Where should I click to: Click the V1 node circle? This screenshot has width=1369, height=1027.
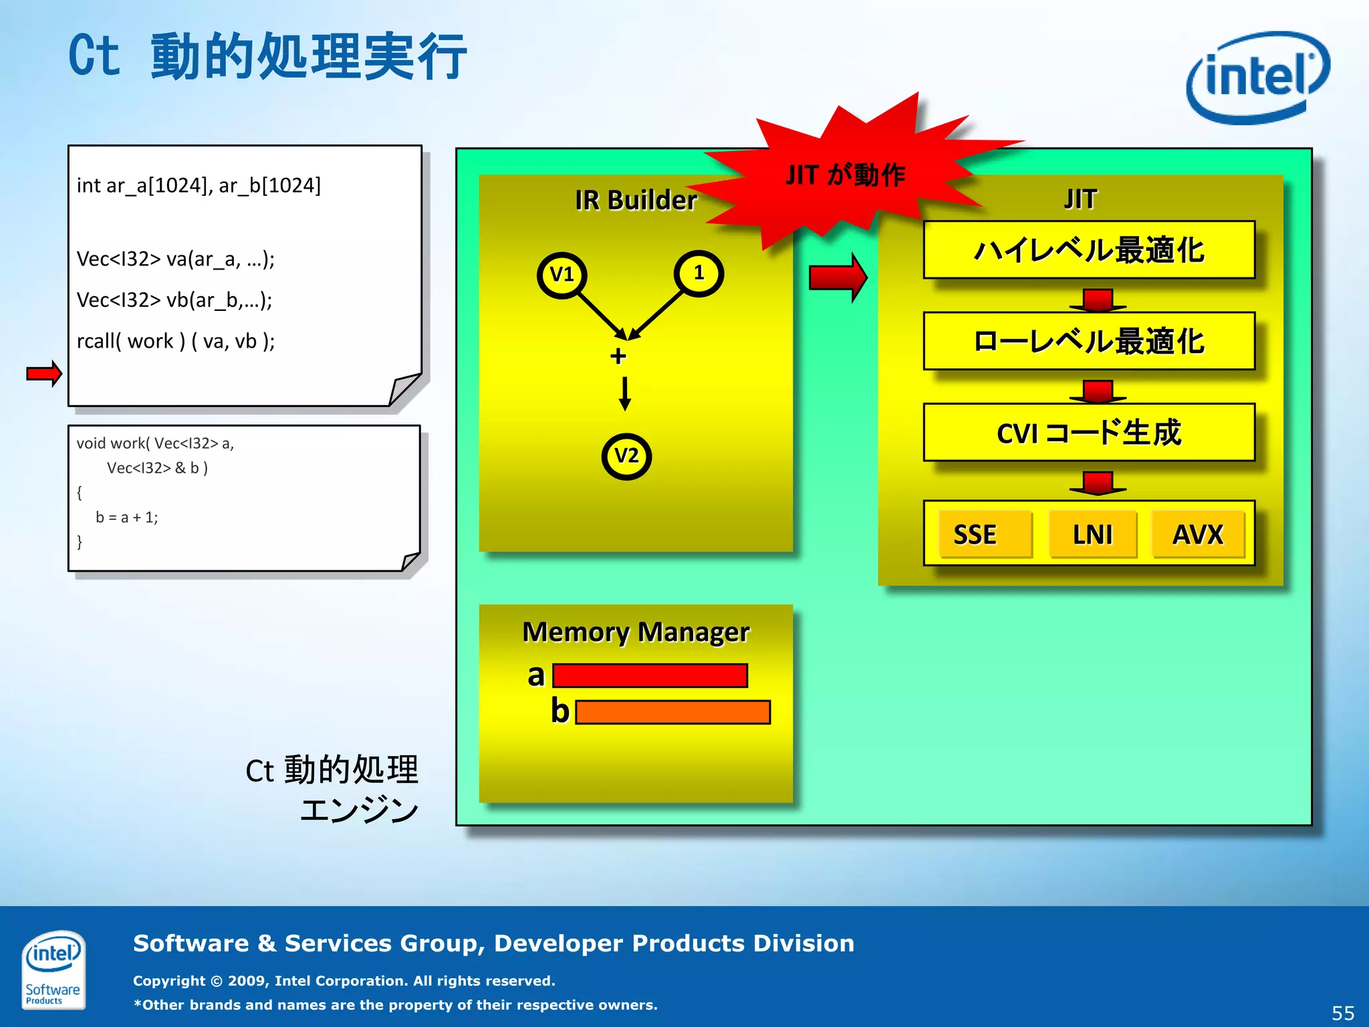[x=562, y=275]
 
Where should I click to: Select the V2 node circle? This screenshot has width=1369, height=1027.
[x=626, y=457]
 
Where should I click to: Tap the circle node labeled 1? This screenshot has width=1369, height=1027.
[x=699, y=273]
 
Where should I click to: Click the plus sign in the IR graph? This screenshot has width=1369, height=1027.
[x=618, y=356]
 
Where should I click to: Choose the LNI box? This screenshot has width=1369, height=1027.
[x=1092, y=534]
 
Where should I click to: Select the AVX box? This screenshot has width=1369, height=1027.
[x=1198, y=534]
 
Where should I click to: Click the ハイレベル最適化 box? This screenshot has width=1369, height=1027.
[x=1089, y=250]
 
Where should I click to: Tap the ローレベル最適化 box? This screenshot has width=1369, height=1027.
[x=1089, y=341]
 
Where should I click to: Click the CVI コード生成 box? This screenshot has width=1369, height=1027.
[x=1089, y=433]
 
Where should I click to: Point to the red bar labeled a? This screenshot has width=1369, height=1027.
[x=650, y=675]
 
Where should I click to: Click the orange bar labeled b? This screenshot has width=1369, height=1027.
[x=672, y=712]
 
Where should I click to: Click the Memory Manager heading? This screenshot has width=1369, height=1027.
[x=636, y=632]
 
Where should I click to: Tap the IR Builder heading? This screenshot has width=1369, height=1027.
[x=636, y=200]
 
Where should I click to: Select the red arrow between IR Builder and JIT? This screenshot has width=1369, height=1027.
[x=838, y=277]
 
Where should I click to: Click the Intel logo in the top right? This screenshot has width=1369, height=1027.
[x=1257, y=78]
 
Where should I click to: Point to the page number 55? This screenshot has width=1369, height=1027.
[x=1343, y=1013]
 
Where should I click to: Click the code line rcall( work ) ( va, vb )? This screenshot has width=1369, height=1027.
[x=176, y=342]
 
